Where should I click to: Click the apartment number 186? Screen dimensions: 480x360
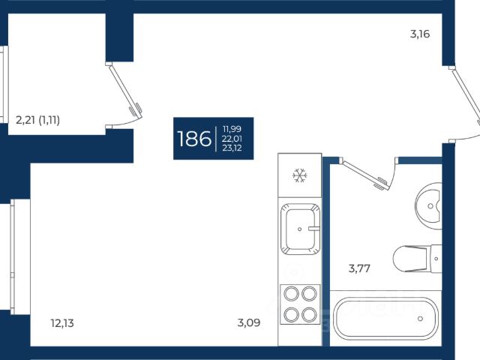193,139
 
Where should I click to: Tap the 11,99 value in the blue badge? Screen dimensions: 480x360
232,129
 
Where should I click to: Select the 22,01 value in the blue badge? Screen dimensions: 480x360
232,139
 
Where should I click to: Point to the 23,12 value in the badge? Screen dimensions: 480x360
232,148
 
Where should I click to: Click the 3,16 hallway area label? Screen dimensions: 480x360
420,34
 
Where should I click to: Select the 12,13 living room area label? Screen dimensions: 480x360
62,323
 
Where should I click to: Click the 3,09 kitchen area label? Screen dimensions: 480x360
249,323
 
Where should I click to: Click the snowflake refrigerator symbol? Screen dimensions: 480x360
299,176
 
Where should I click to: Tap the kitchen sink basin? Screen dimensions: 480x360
299,229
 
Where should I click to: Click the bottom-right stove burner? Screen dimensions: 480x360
308,314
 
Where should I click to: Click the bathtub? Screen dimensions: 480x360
382,319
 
